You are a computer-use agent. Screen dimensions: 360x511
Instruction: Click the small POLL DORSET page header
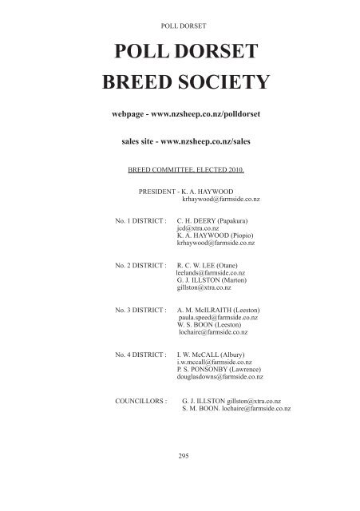point(179,25)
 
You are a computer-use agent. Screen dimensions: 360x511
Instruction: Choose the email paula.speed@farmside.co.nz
point(222,317)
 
